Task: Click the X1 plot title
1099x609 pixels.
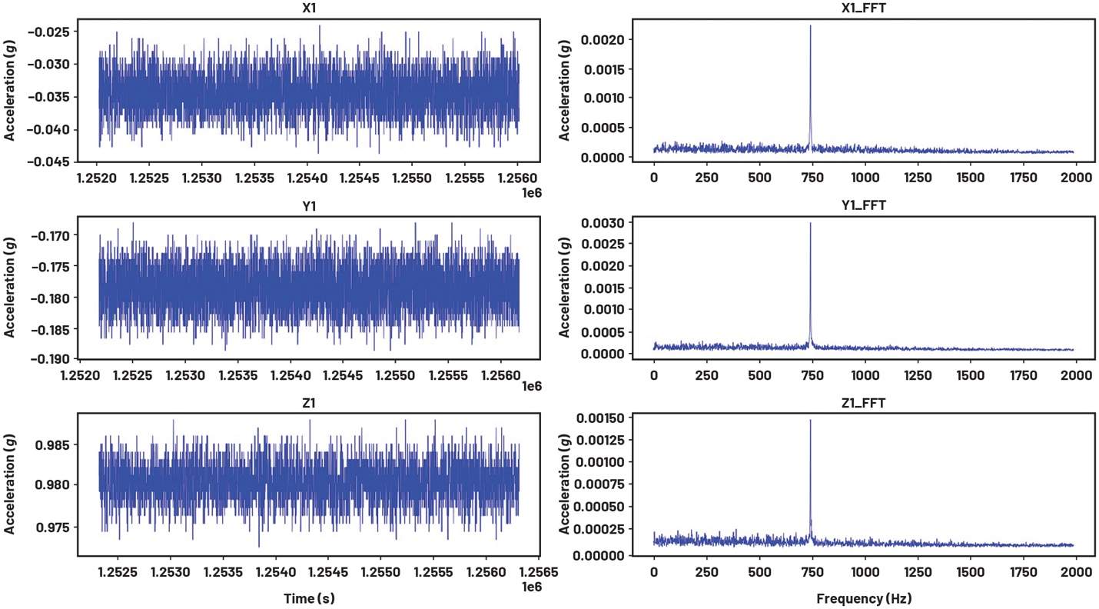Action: (x=310, y=8)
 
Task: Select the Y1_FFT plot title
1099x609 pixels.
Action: (x=863, y=205)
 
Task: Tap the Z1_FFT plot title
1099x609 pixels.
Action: (x=863, y=402)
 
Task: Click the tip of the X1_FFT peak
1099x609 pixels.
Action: (x=810, y=25)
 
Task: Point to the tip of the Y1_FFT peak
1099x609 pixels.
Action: (x=810, y=223)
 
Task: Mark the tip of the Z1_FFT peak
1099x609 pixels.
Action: (x=810, y=420)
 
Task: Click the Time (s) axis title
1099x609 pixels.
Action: (x=310, y=597)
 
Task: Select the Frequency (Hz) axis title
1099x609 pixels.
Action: (x=863, y=597)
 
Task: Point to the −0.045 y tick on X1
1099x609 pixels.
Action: (x=49, y=161)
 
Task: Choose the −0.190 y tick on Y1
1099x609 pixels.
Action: (x=49, y=359)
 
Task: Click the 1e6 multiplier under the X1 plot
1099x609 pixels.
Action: (x=530, y=191)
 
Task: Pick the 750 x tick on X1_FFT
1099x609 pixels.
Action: (x=812, y=176)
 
